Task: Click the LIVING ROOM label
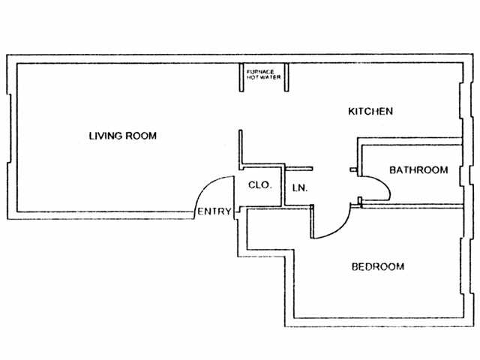123,136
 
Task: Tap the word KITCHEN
370,112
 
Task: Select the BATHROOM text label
418,170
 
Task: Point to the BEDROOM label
378,266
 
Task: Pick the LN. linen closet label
298,186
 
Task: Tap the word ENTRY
214,211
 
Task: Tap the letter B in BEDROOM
355,266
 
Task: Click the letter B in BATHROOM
392,170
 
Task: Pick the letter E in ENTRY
200,211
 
